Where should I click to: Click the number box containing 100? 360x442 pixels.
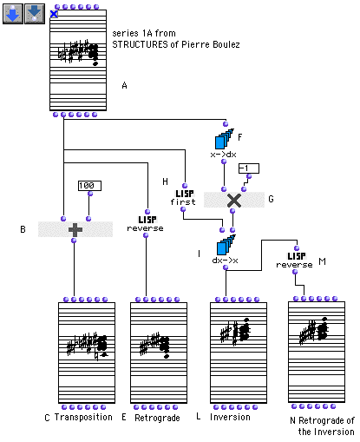89,186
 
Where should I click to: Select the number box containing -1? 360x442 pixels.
249,168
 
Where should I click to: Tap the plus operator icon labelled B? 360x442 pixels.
75,229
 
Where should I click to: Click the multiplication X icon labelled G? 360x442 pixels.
234,200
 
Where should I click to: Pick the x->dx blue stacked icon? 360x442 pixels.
224,139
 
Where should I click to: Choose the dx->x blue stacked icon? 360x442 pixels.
226,245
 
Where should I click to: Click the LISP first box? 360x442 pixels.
183,197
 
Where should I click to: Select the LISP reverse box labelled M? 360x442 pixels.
295,261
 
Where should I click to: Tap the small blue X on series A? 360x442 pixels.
54,14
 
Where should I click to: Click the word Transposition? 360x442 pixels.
83,417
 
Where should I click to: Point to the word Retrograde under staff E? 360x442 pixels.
157,418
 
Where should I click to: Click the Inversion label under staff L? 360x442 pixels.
230,417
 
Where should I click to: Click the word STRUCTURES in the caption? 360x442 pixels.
140,44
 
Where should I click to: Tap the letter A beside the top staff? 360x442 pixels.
124,85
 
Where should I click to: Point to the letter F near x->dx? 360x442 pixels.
239,137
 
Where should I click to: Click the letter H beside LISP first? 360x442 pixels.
165,181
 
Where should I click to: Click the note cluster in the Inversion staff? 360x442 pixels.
235,332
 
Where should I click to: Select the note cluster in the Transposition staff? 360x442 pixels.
88,346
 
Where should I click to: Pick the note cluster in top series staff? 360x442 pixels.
79,52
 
